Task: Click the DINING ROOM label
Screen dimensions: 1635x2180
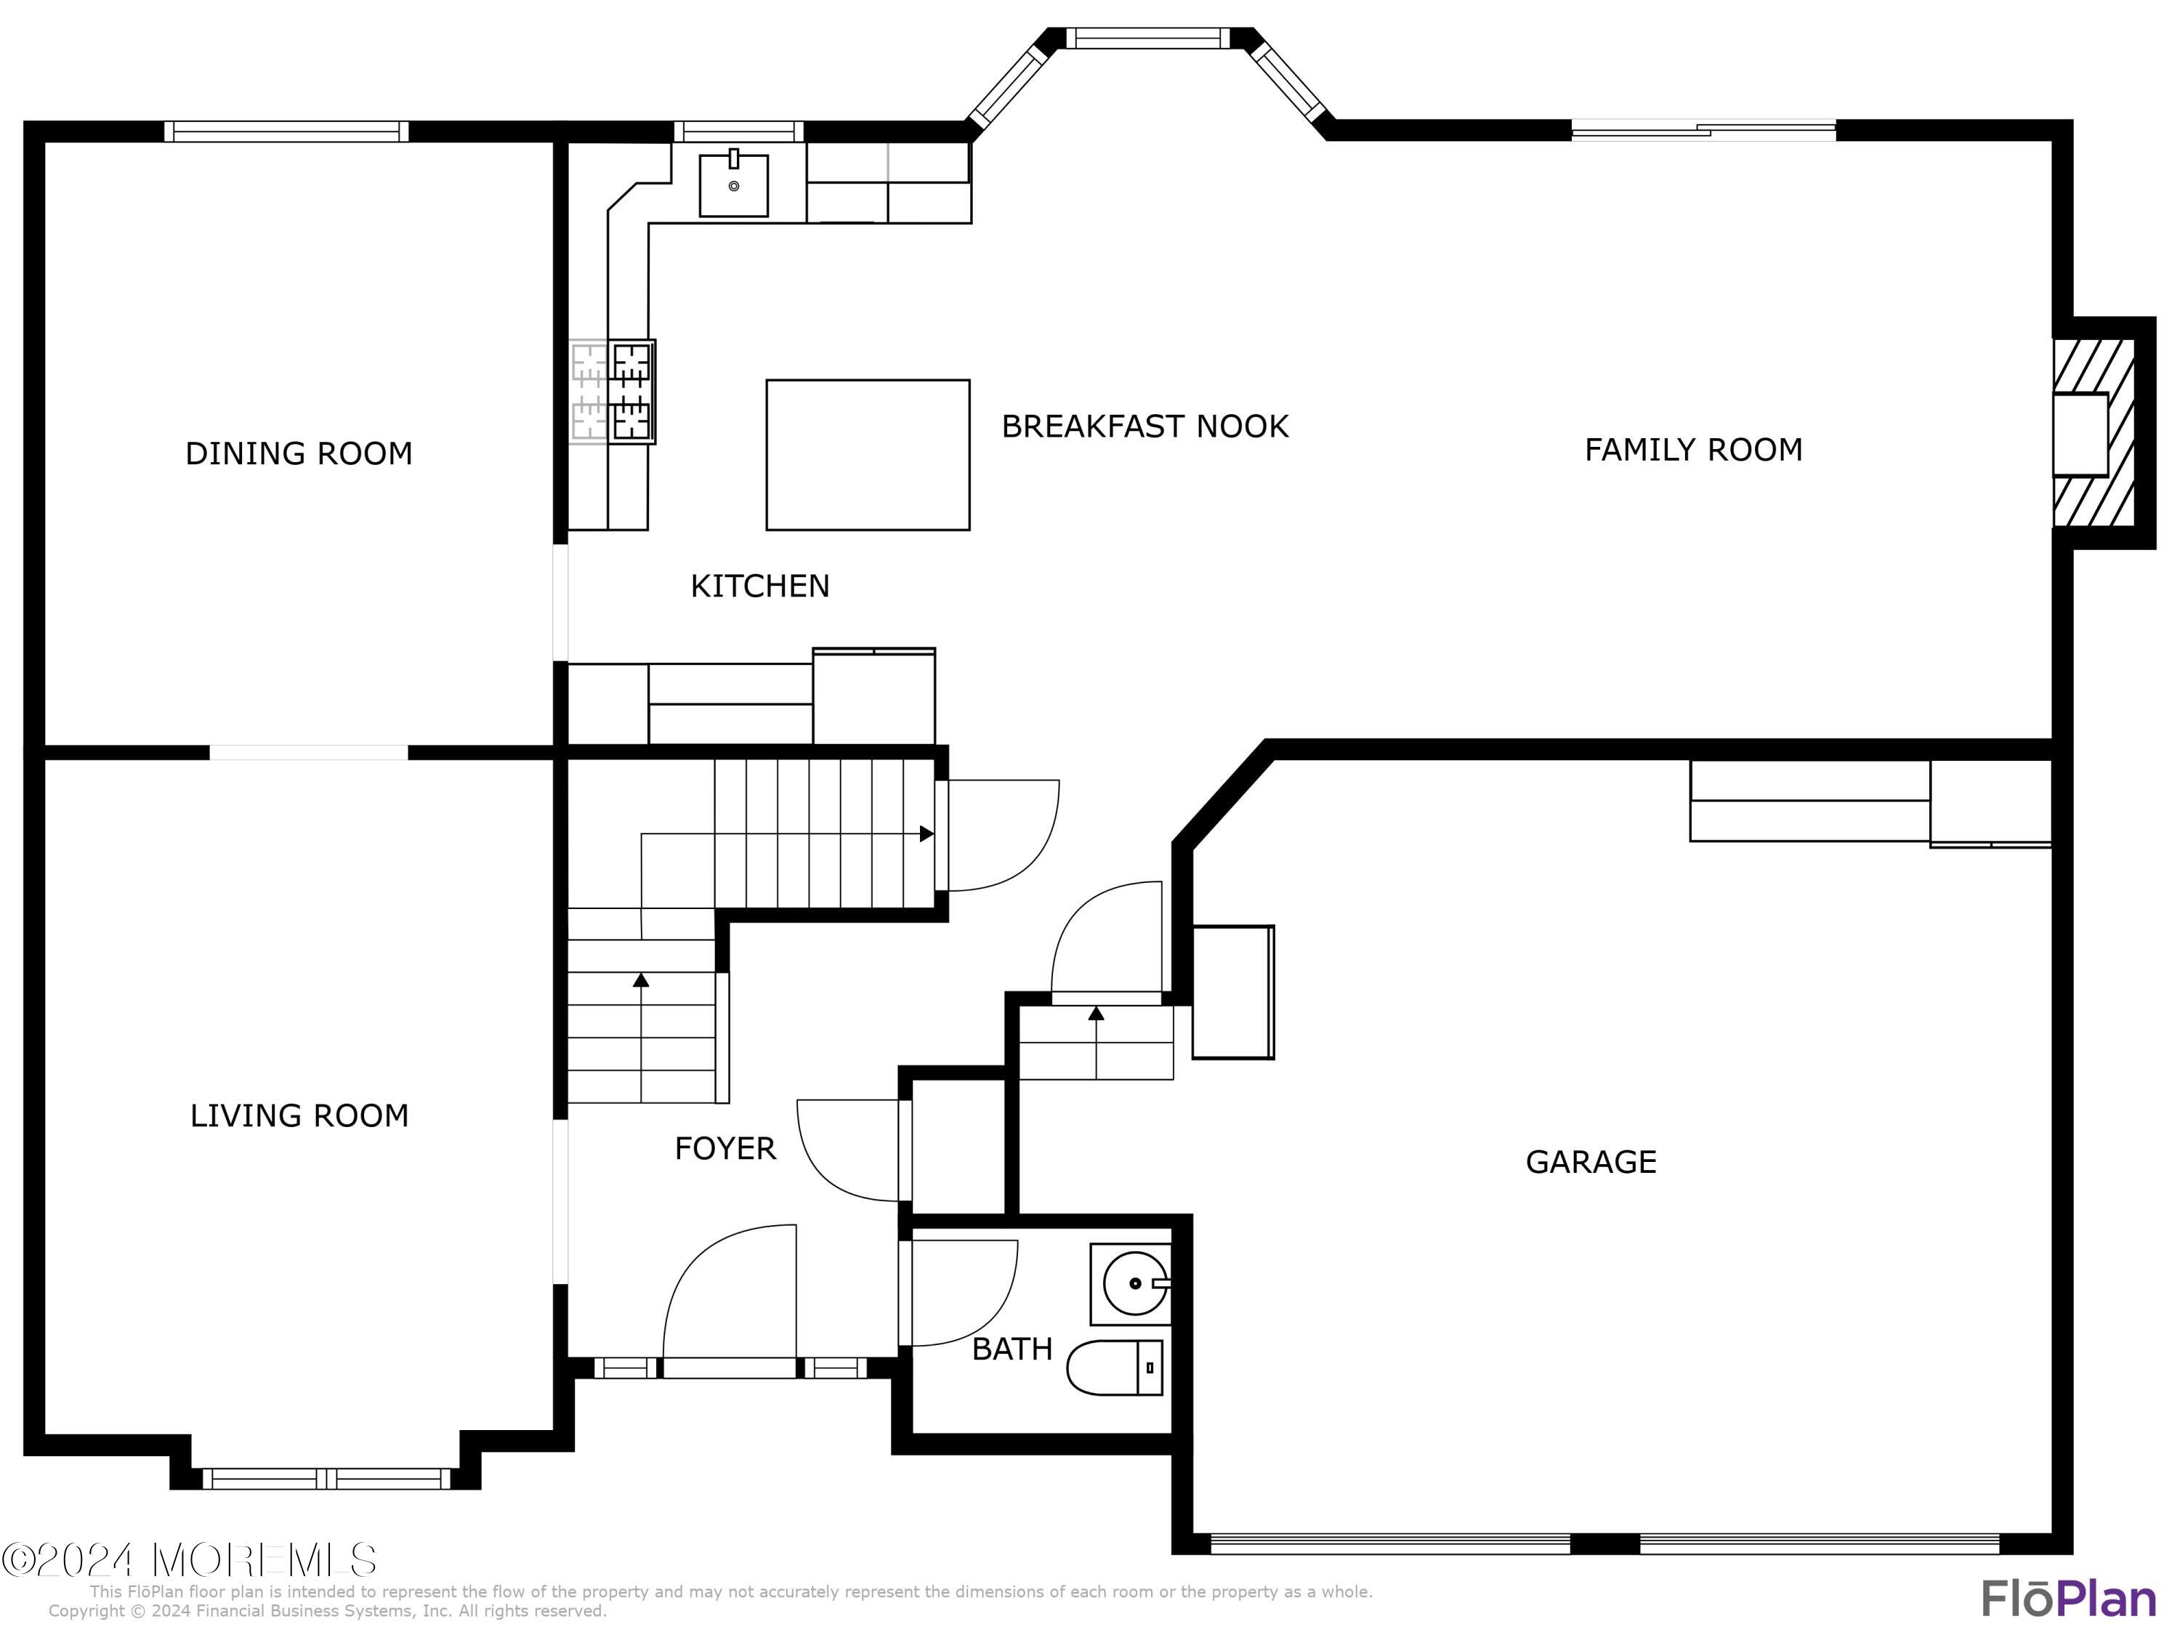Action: click(299, 454)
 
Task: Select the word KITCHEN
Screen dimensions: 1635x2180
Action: click(760, 587)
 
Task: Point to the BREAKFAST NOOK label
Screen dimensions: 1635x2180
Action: click(1144, 427)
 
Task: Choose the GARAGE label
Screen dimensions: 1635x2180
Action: click(1591, 1163)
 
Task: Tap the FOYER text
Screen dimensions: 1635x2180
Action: click(725, 1149)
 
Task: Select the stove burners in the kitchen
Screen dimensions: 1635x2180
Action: click(631, 391)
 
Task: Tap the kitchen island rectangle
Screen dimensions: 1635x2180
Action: click(867, 454)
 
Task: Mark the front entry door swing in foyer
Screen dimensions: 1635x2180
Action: click(730, 1301)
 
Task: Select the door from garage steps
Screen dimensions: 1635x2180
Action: click(1107, 941)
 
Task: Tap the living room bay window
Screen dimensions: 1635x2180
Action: click(326, 1478)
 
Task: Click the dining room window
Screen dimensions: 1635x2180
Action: click(286, 131)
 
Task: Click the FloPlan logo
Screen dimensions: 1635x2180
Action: click(2067, 1599)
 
